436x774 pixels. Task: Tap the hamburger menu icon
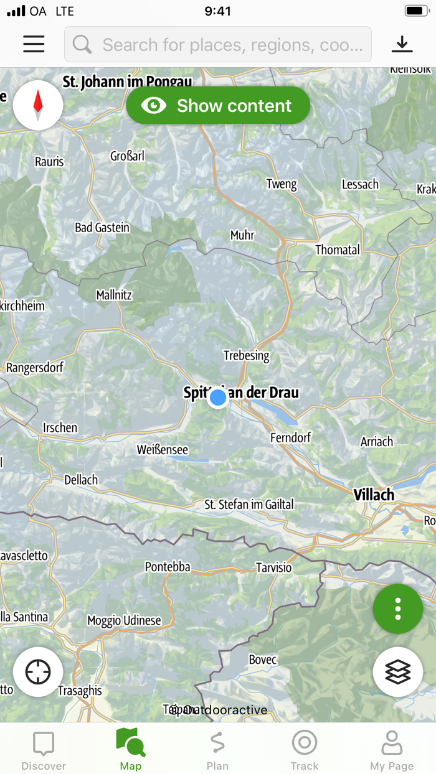pos(34,44)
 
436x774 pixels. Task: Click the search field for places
pos(218,45)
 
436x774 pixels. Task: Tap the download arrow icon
pos(402,44)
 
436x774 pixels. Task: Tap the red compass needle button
pos(38,105)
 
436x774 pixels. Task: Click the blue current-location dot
pos(218,398)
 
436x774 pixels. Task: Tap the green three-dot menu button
pos(397,609)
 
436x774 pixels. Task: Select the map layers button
pos(397,671)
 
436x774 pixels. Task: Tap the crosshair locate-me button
pos(38,672)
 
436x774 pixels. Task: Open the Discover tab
pos(44,750)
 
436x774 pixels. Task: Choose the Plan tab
pos(217,750)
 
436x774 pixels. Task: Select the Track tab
pos(305,750)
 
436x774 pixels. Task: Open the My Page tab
pos(392,750)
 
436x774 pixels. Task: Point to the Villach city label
pos(374,495)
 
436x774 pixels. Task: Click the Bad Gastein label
pos(102,228)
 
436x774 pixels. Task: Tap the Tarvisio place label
pos(273,567)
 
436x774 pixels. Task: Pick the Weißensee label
pos(162,450)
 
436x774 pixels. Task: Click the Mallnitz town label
pos(114,295)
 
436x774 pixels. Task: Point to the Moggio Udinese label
pos(124,620)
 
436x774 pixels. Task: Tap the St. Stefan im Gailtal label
pos(249,505)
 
